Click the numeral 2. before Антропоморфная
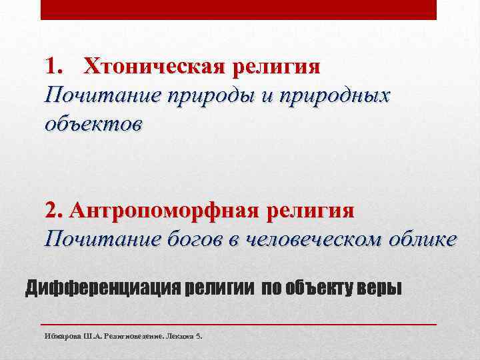point(54,211)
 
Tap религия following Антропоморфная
point(310,211)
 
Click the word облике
point(426,238)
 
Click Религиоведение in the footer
point(134,336)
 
